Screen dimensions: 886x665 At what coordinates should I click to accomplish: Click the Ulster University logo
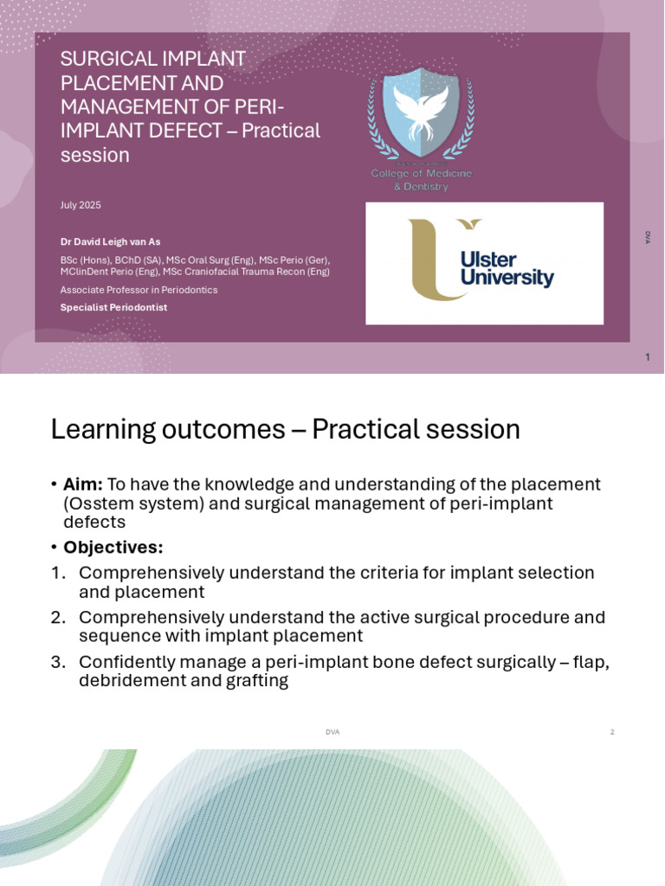click(x=484, y=263)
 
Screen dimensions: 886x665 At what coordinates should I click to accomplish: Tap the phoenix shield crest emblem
click(x=421, y=112)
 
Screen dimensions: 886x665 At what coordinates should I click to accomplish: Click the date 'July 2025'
click(x=81, y=205)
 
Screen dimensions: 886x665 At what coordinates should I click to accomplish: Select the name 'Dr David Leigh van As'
click(x=110, y=242)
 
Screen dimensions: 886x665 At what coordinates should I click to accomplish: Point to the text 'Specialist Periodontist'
click(x=113, y=307)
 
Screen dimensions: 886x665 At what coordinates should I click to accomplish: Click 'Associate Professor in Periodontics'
click(x=139, y=290)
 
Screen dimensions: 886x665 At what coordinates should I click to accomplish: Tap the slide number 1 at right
click(x=647, y=357)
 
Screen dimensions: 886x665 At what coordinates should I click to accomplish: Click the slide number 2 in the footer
click(x=611, y=732)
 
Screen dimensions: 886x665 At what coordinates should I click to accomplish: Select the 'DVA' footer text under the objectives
click(x=332, y=732)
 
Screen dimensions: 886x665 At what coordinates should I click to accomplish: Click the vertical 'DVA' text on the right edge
click(x=647, y=237)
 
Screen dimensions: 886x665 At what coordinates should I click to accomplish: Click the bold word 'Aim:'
click(x=83, y=485)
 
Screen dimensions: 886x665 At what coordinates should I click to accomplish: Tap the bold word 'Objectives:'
click(x=113, y=548)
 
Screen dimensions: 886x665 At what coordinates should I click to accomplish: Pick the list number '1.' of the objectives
click(x=58, y=573)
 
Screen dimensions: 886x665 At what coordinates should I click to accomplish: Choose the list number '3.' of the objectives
click(x=58, y=662)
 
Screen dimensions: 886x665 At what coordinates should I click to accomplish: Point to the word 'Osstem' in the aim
click(x=103, y=504)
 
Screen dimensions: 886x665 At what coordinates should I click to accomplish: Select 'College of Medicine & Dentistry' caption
click(x=421, y=180)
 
